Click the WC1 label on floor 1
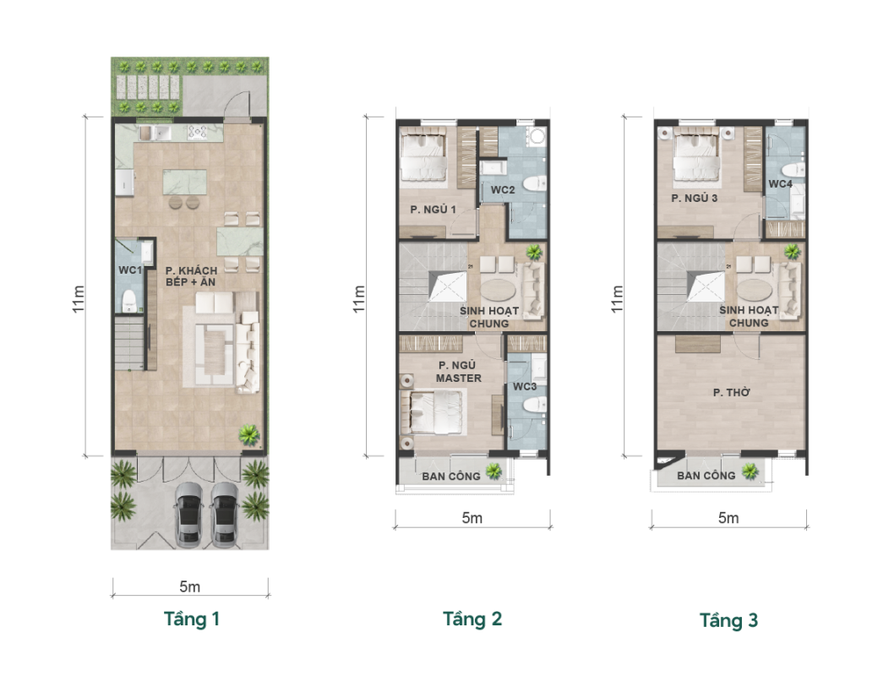(130, 270)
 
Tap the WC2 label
(502, 190)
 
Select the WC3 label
(525, 386)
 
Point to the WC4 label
(780, 183)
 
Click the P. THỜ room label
(731, 393)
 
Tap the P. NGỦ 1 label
(433, 210)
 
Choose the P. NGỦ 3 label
(695, 199)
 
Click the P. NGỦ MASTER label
(459, 372)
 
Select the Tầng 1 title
(192, 619)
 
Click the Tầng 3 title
(728, 620)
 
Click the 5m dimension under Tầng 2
(472, 518)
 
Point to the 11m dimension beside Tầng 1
(79, 299)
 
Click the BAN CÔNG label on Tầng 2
(450, 476)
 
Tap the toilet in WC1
(129, 302)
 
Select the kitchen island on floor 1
(184, 183)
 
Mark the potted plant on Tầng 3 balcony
(750, 472)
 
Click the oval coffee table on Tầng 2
(500, 290)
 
